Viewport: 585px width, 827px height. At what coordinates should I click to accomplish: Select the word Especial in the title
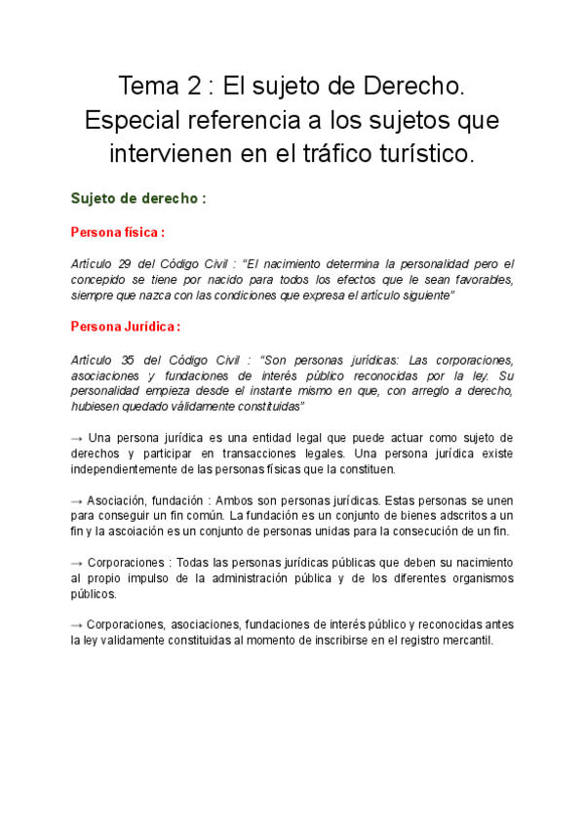pos(132,121)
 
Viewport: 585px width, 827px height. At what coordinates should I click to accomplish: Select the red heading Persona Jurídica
pos(123,326)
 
